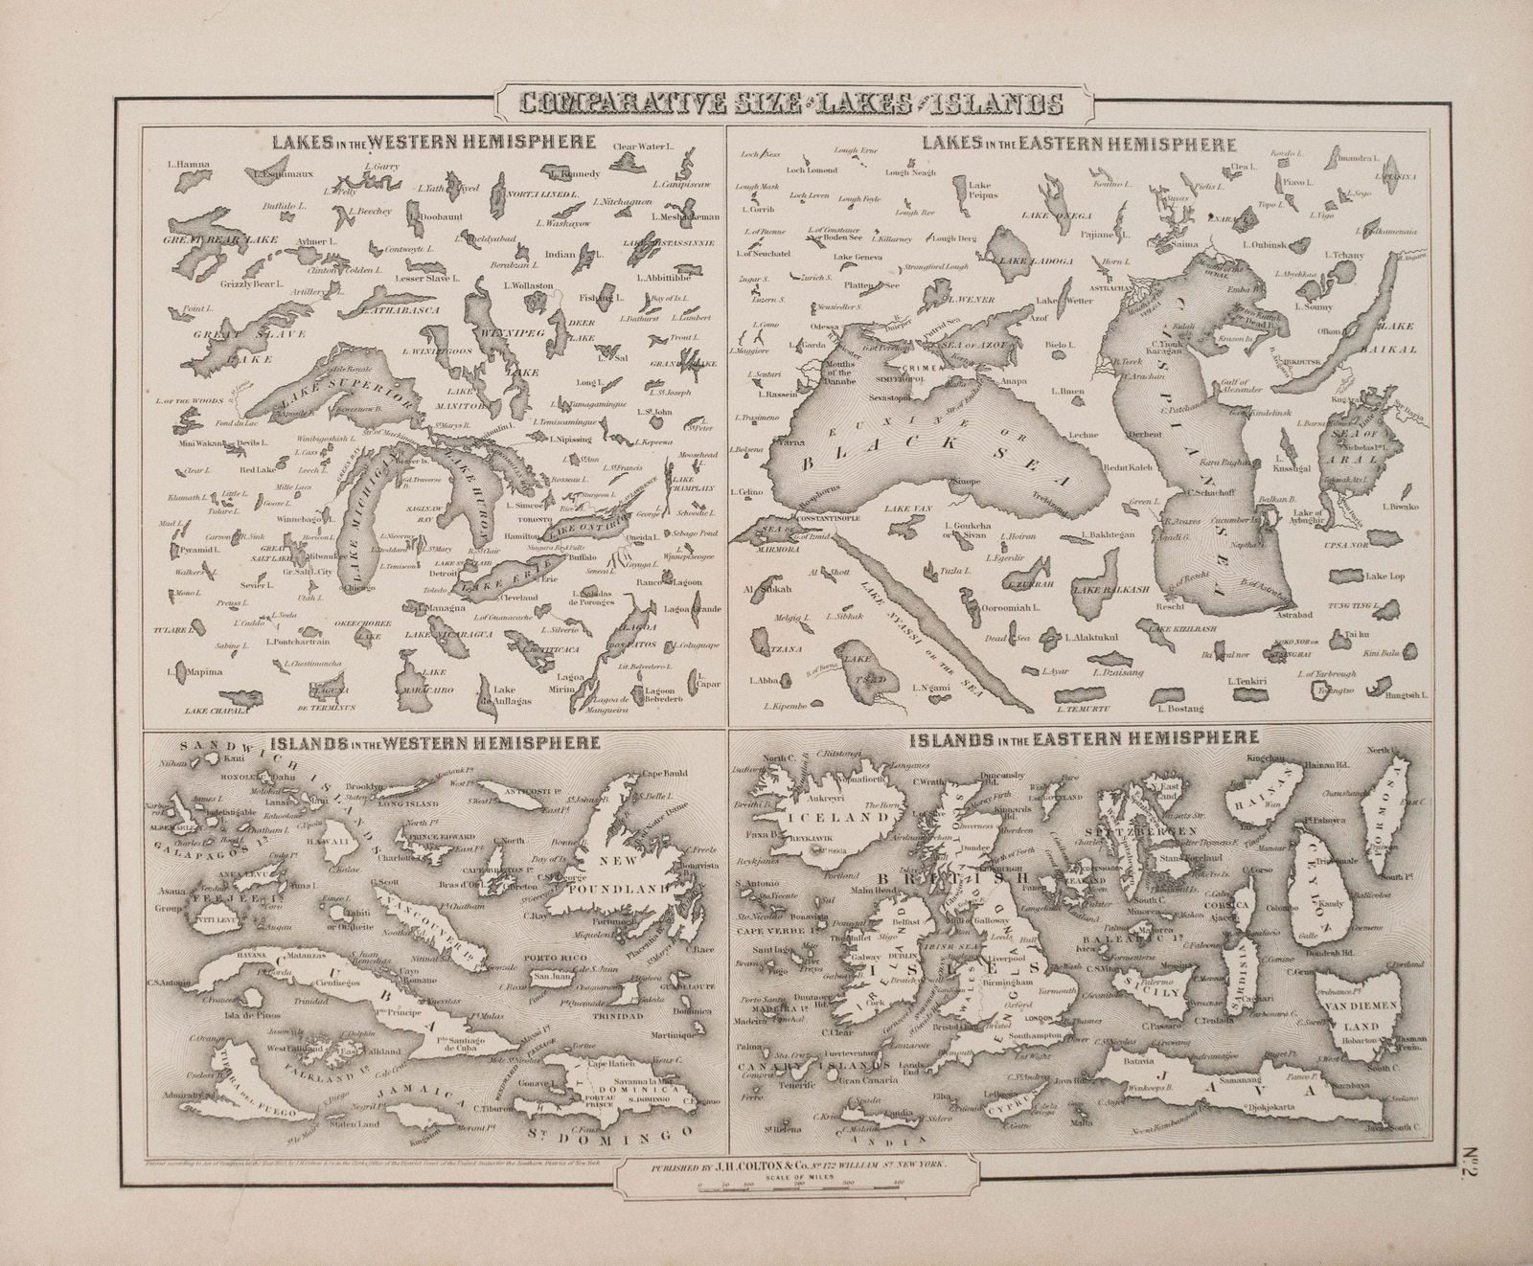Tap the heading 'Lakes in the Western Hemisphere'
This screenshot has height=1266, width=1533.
point(434,143)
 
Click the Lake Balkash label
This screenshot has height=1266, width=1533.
point(1103,589)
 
